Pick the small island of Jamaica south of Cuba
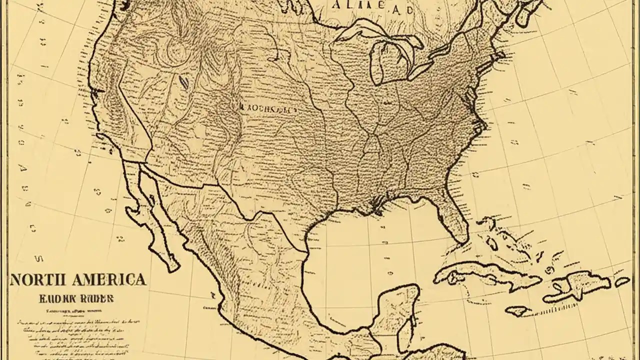click(x=517, y=310)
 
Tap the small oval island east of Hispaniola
click(x=622, y=281)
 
